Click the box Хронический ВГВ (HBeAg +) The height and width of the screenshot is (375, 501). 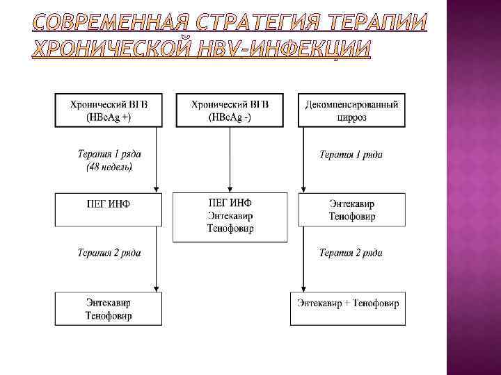tap(109, 110)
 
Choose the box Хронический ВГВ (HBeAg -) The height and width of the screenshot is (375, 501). tap(230, 110)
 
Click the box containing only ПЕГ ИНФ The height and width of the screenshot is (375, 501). tap(109, 209)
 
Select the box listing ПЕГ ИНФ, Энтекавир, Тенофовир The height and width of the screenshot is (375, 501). tap(230, 217)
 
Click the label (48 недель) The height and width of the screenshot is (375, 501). tap(109, 167)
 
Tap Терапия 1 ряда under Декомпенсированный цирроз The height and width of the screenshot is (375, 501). tap(350, 154)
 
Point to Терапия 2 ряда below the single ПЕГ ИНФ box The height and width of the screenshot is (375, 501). tap(109, 253)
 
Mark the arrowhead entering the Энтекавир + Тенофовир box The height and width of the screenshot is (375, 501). tap(303, 288)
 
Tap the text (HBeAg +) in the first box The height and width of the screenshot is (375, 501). tap(109, 117)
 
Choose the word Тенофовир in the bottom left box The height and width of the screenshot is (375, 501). tap(109, 315)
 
